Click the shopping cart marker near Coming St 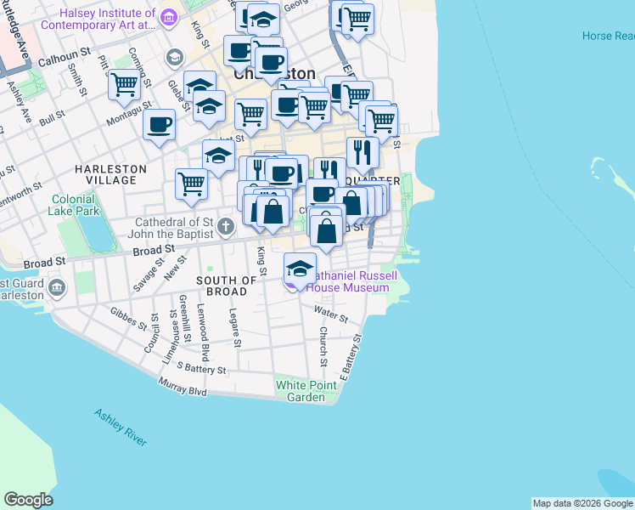point(124,85)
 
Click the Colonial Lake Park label point(74,204)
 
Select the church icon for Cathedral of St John point(225,226)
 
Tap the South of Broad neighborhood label point(227,286)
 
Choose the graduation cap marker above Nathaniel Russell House point(299,269)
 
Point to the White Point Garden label point(306,391)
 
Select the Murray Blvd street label point(183,387)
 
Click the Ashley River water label point(121,427)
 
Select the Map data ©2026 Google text point(582,503)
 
